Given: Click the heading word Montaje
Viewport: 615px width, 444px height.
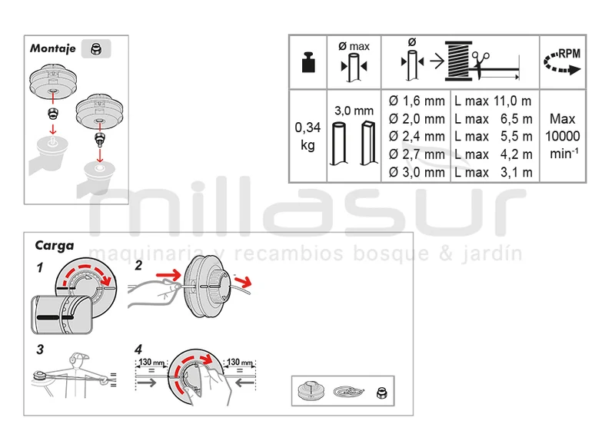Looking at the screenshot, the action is tap(52, 48).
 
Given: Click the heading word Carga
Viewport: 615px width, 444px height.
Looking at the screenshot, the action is tap(54, 246).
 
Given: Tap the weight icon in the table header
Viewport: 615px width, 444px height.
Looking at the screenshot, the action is tap(308, 63).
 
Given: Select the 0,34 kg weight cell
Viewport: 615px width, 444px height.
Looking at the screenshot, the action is tap(308, 136).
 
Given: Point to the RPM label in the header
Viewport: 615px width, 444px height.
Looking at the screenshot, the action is tap(569, 54).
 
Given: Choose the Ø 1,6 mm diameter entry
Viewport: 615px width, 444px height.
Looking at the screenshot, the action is tap(417, 101).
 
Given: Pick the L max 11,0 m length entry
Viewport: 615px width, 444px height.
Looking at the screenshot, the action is tap(493, 101).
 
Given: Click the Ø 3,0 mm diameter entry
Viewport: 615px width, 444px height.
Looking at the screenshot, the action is tap(417, 172).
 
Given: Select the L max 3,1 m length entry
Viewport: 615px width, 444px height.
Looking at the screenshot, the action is tap(493, 172).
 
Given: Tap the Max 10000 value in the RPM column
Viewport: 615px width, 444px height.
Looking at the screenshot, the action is tap(563, 128).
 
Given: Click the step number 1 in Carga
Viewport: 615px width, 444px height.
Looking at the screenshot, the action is tap(40, 268).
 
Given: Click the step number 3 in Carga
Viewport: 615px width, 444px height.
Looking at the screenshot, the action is tap(40, 350).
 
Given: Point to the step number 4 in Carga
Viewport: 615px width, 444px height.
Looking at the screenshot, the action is tap(138, 350).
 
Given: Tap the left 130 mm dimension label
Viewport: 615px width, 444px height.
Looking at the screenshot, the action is tap(151, 362).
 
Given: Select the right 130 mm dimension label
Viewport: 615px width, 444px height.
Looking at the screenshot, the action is tap(240, 362).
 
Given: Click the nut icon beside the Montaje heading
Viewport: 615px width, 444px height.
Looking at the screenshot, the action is tap(95, 49).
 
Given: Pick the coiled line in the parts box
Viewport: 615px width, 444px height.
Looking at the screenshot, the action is tap(349, 392).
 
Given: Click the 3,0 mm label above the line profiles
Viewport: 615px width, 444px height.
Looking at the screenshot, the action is tap(354, 111).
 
